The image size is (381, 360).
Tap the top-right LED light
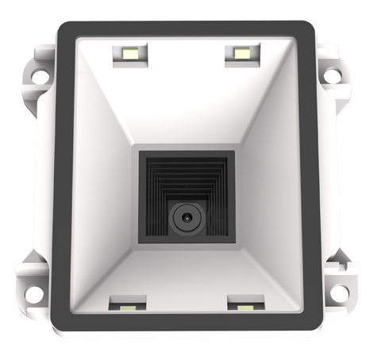[x=241, y=53]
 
